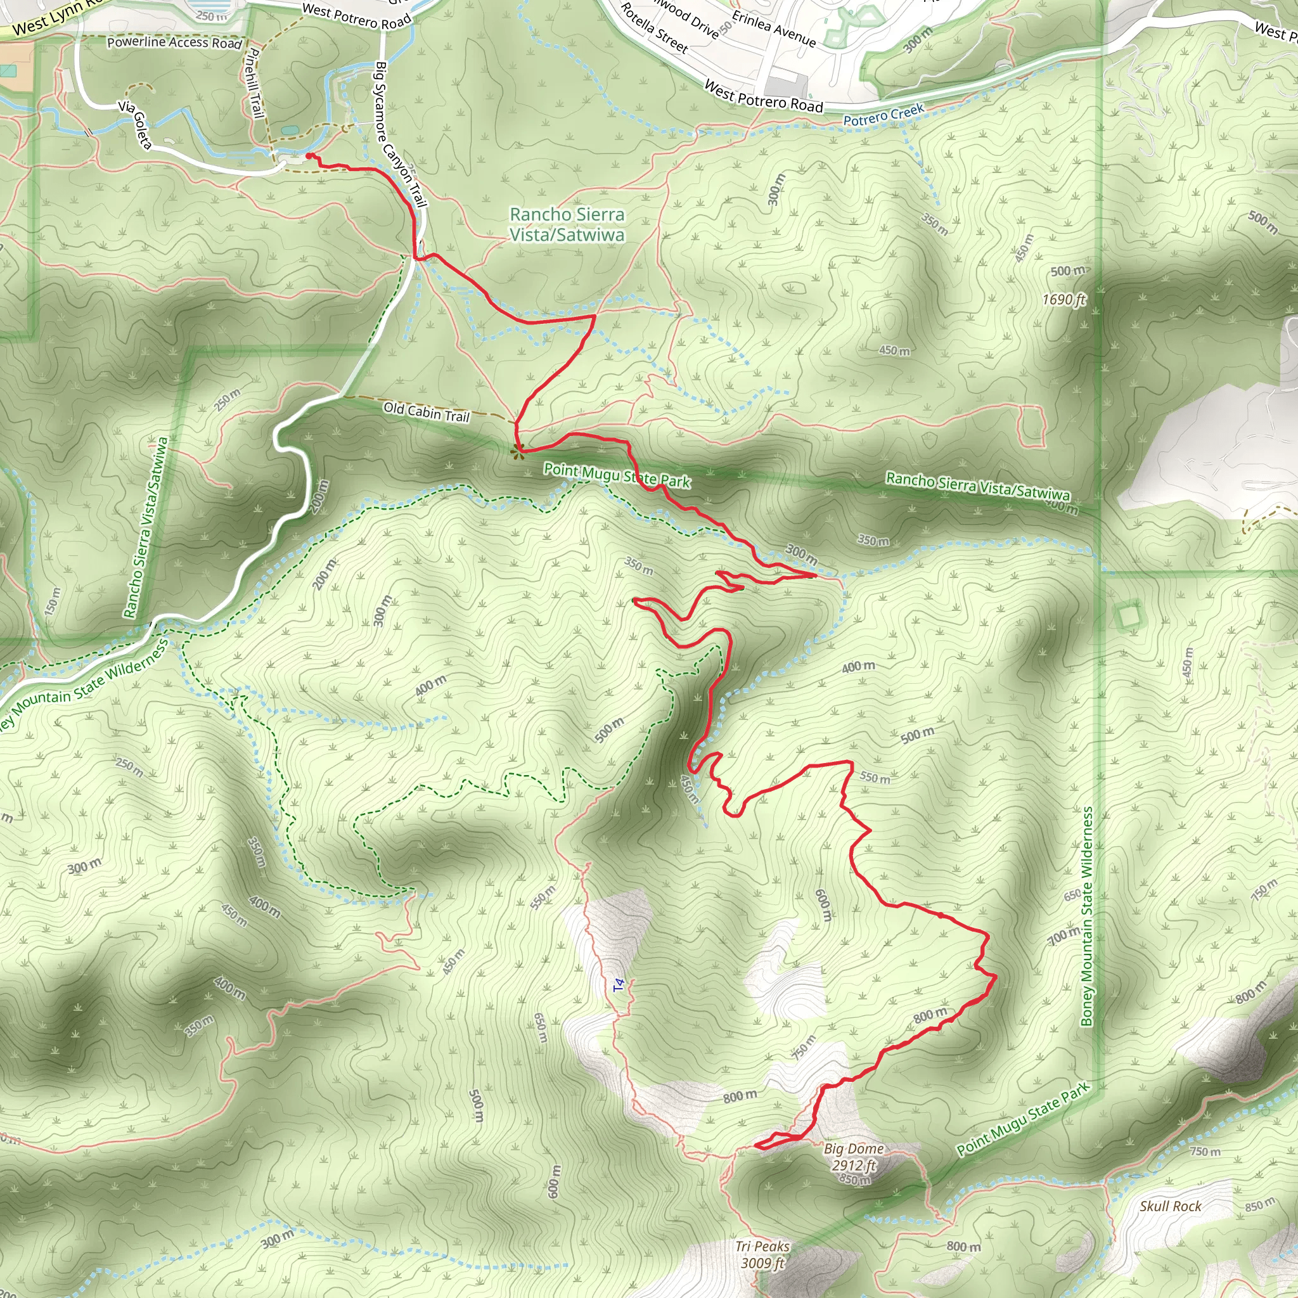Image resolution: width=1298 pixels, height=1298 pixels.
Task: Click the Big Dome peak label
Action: click(853, 1149)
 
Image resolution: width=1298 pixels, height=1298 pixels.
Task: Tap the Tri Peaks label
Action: click(762, 1247)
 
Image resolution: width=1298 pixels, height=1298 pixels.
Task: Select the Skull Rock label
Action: click(1170, 1206)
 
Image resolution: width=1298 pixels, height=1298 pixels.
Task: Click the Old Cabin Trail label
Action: click(427, 411)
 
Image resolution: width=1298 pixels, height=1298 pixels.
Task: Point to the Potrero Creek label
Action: click(884, 115)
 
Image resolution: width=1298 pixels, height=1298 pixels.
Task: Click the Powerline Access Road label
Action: click(174, 42)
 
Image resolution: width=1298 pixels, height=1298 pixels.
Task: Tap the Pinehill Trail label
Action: click(254, 82)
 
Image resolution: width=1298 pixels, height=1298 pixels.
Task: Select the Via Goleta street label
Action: click(135, 124)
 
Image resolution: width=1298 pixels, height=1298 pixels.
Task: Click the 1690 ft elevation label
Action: click(1063, 300)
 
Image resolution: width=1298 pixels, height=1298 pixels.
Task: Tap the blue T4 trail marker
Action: click(619, 985)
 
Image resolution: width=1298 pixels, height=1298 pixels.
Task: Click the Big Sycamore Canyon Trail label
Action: click(401, 134)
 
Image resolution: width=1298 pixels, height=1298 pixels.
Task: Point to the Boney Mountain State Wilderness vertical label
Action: click(1087, 916)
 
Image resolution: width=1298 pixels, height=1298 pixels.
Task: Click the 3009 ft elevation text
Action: click(762, 1263)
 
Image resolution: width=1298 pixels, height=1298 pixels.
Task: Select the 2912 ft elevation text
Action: click(853, 1165)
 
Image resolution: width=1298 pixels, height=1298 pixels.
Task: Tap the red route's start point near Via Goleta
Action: click(309, 156)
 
